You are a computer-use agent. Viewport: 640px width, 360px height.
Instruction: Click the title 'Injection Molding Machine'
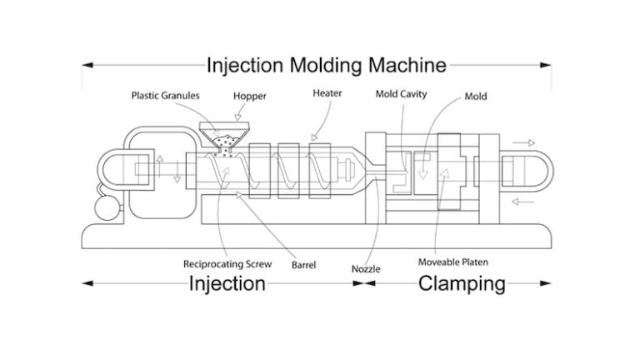(x=327, y=64)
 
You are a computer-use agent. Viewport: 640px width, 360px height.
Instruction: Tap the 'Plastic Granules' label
(x=164, y=95)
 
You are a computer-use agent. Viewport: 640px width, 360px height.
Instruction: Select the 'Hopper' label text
(x=249, y=96)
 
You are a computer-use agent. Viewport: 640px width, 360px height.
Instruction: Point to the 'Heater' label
(x=327, y=93)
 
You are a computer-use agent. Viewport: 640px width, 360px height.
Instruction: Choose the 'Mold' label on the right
(x=476, y=97)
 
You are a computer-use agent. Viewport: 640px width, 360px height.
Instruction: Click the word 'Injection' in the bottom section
(x=227, y=284)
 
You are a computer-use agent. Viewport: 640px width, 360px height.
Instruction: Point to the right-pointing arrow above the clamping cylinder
(x=523, y=143)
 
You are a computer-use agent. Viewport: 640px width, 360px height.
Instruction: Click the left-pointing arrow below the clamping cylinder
(x=523, y=201)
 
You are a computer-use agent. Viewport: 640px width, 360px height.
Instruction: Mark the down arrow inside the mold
(x=422, y=170)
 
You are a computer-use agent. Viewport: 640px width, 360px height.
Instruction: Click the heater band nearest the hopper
(x=258, y=176)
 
